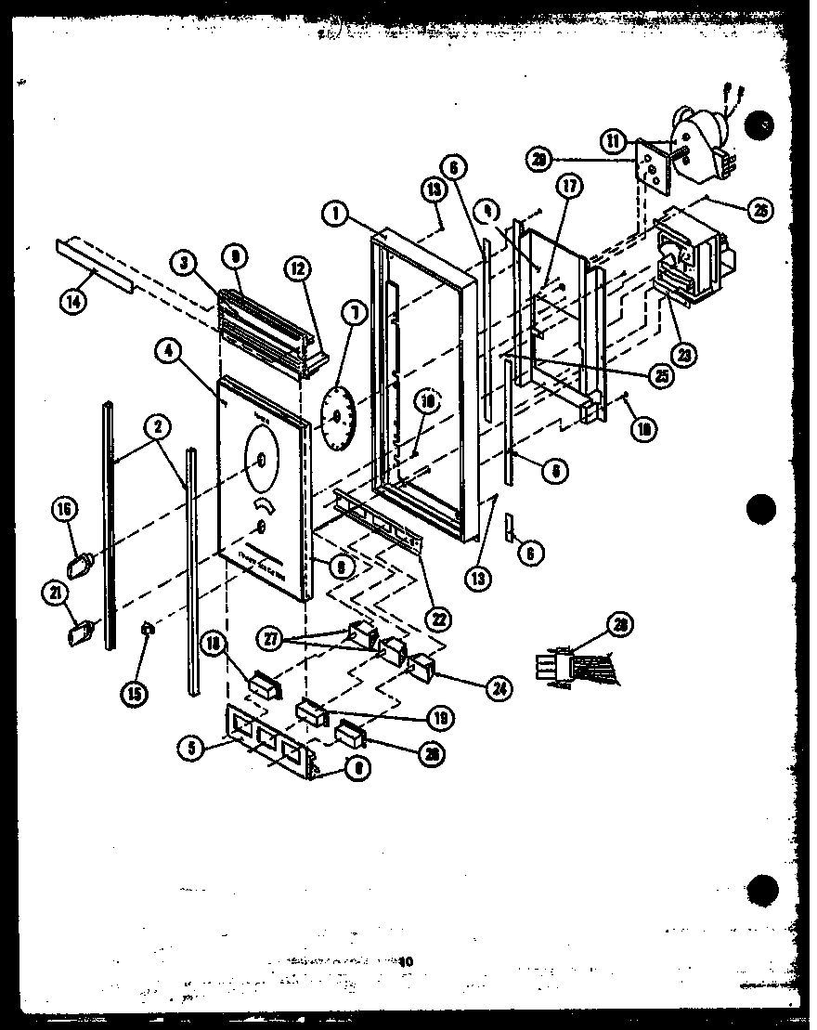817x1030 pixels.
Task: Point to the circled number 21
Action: click(x=66, y=590)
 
